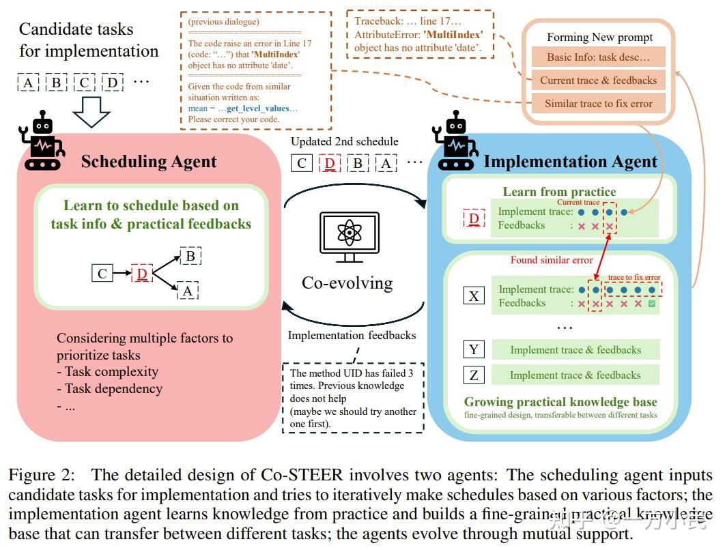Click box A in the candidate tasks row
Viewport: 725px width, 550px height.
28,83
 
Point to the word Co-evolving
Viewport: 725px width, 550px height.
347,282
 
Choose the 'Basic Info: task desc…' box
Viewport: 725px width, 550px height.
598,57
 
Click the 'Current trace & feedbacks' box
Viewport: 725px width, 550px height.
598,81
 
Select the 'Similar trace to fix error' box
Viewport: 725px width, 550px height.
598,104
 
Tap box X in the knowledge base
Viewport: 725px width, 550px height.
474,295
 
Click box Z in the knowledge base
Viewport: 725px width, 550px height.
474,375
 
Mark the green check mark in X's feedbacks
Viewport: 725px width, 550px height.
652,303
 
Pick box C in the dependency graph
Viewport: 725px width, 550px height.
102,274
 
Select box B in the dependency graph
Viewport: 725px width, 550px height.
190,257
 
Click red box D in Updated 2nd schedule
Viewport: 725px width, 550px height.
330,163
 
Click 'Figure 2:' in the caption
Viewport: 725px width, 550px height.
43,475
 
